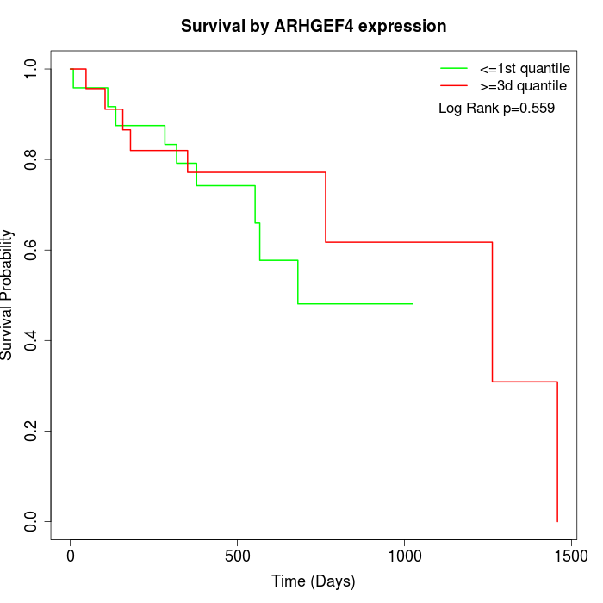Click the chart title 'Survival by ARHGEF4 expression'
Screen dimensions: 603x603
314,26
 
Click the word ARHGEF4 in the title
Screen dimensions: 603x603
319,26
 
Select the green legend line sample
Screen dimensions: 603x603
453,68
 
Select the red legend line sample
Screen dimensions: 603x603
453,85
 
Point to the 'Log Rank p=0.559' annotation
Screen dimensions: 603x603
496,109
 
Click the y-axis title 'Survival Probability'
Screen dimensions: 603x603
8,295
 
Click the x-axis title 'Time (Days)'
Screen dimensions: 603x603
314,581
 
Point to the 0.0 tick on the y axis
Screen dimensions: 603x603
31,521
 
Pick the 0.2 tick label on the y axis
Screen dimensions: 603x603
31,431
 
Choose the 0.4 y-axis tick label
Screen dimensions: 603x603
31,340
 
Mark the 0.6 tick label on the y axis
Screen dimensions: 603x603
31,250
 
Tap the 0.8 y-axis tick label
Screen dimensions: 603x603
31,159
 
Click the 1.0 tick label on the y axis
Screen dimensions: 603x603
31,69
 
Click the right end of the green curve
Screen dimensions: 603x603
413,303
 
